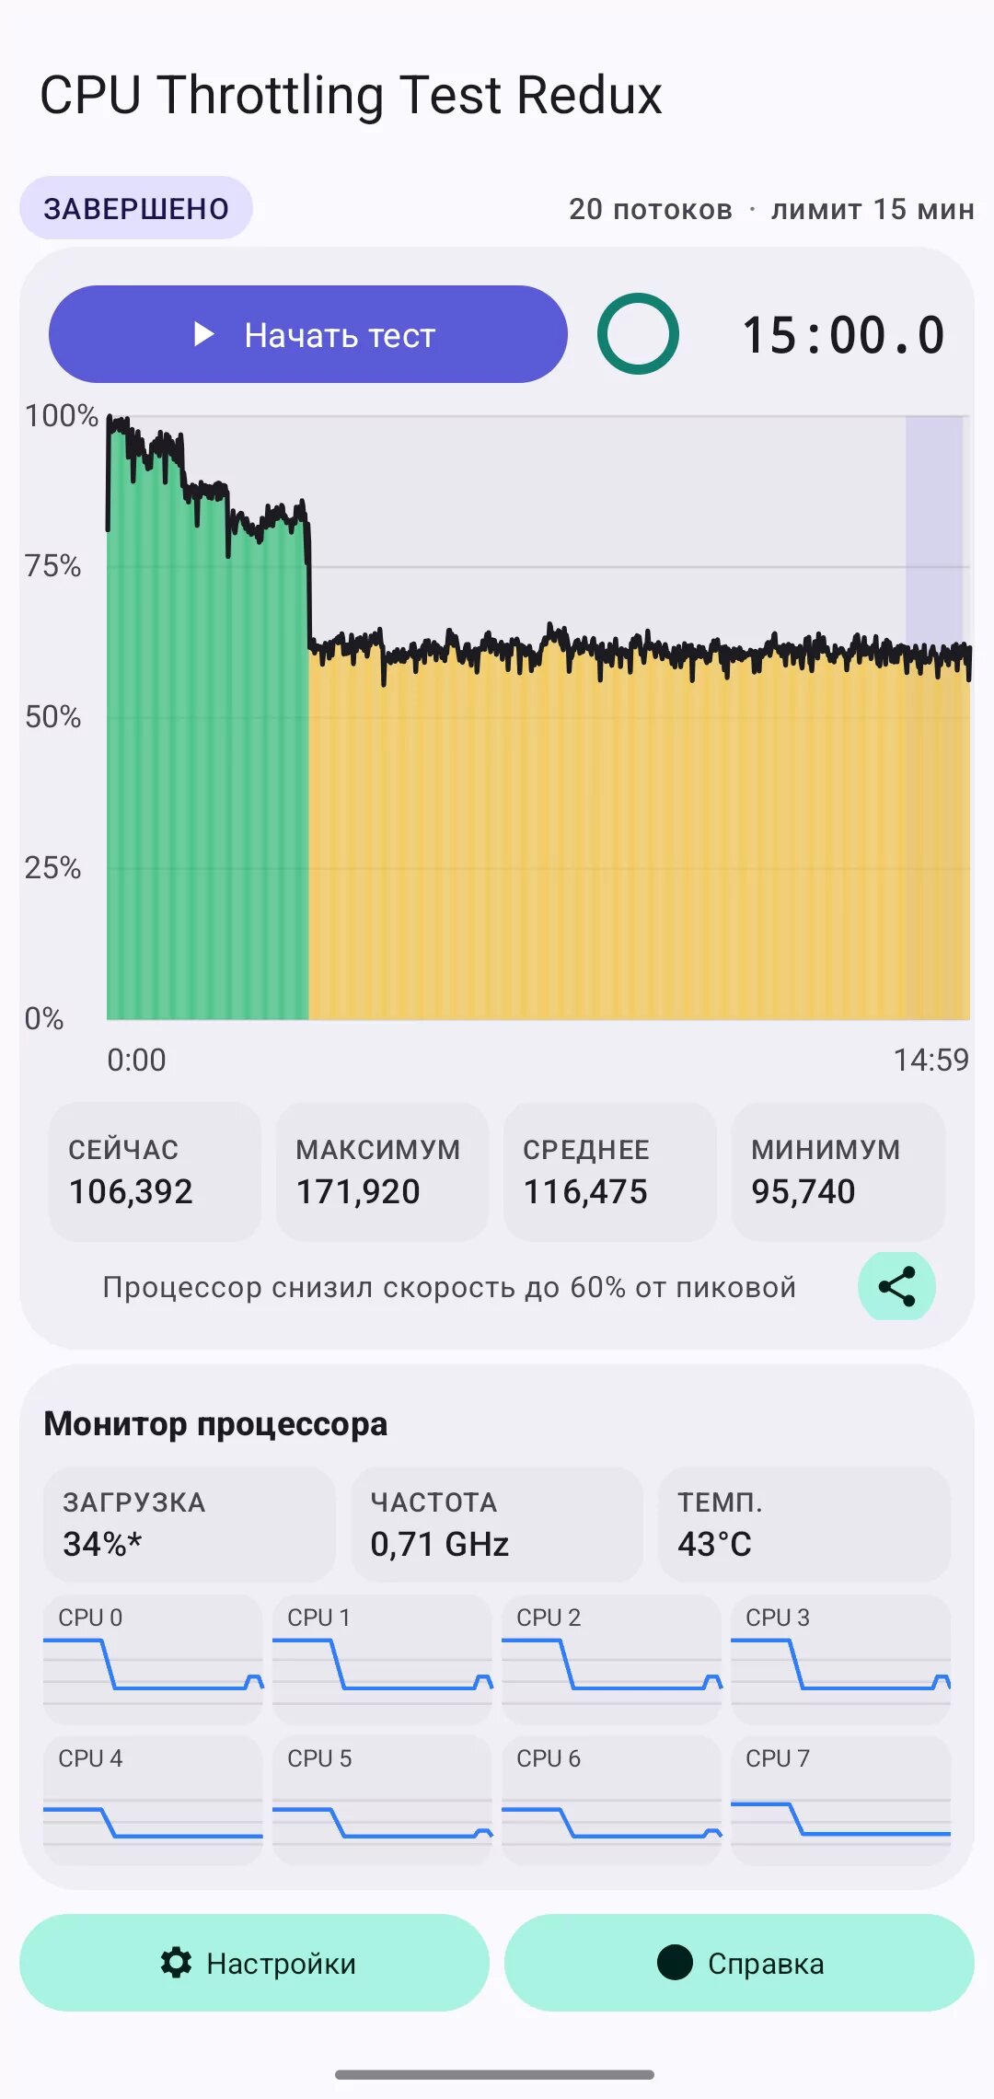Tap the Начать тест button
pos(307,334)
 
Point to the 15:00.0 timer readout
pos(843,335)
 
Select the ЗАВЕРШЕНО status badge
pos(136,208)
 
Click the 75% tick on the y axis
pos(53,565)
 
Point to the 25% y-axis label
pos(53,867)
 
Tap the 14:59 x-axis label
pos(931,1060)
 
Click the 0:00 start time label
pos(136,1060)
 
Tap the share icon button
pos(897,1286)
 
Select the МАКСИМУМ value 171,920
pos(358,1191)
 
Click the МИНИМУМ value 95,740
pos(803,1191)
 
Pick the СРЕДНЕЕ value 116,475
pos(585,1191)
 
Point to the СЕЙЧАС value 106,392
pos(131,1191)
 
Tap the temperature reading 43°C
pos(714,1544)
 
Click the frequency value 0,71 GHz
pos(440,1544)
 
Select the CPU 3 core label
pos(778,1618)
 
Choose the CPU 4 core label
pos(90,1758)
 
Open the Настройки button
pos(254,1963)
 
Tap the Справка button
pos(739,1963)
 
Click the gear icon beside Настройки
pos(176,1963)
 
